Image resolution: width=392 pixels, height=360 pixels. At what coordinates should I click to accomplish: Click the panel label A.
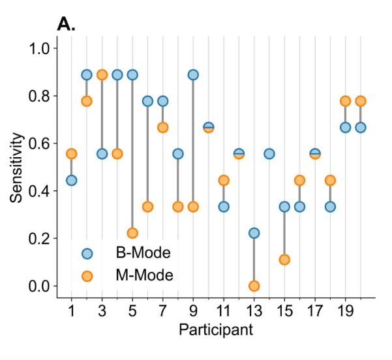(x=67, y=24)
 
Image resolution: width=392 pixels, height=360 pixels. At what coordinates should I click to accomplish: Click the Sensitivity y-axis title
(x=18, y=168)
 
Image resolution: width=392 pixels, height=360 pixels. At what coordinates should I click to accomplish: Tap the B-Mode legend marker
(x=87, y=253)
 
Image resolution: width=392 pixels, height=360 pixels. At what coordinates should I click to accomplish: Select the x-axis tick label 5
(x=132, y=309)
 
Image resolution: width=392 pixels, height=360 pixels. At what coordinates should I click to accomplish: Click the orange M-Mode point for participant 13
(x=254, y=286)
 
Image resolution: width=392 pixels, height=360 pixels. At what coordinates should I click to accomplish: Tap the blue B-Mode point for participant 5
(x=132, y=74)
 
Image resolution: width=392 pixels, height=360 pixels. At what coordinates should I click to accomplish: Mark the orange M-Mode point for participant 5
(x=132, y=233)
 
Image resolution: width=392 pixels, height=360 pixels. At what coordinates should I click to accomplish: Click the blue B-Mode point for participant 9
(x=193, y=74)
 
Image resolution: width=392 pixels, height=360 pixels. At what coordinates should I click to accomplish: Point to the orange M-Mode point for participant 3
(x=102, y=74)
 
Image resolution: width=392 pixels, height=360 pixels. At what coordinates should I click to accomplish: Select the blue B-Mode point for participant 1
(x=72, y=180)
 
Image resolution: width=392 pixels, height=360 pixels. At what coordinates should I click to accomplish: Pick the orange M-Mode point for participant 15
(x=284, y=260)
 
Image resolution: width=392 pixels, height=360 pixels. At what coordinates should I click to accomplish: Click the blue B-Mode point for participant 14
(x=269, y=154)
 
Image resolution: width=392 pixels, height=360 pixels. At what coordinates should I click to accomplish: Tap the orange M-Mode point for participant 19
(x=345, y=101)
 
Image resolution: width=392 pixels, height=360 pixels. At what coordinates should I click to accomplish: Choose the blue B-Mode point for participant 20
(x=360, y=127)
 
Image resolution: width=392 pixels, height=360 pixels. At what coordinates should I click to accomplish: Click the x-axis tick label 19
(x=345, y=309)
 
